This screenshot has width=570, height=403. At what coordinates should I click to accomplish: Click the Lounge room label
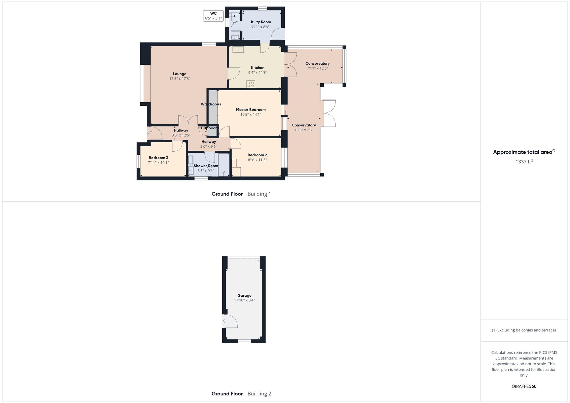[180, 74]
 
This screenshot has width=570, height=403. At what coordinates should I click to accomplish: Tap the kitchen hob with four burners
[251, 84]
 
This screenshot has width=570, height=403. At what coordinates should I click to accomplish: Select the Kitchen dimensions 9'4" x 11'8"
[258, 73]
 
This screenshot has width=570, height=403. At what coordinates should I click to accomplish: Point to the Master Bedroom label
[251, 110]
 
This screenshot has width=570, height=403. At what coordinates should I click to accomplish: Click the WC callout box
[213, 16]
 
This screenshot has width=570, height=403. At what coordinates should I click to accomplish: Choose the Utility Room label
[260, 22]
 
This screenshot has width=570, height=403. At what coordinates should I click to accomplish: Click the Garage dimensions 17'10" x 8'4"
[245, 300]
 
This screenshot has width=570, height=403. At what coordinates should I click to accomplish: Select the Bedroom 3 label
[158, 158]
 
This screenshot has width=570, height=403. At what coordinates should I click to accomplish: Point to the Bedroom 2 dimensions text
[257, 160]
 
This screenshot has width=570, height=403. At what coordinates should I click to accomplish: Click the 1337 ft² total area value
[524, 162]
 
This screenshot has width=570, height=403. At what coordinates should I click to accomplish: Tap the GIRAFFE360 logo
[524, 386]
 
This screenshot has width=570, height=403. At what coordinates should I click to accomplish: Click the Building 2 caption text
[259, 394]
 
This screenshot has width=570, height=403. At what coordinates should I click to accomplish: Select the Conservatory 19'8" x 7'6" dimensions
[304, 130]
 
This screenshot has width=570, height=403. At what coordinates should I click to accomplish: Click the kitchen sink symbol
[238, 49]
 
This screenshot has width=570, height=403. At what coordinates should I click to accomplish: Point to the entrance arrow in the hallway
[147, 133]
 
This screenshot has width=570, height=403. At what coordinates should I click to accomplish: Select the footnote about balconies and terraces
[524, 330]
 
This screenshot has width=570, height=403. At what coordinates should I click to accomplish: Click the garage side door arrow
[224, 321]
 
